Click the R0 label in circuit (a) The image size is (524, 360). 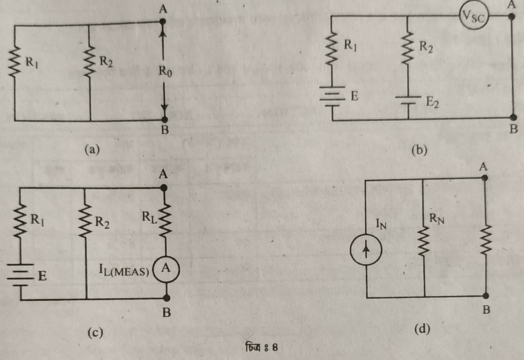165,71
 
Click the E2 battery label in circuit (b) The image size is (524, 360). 432,102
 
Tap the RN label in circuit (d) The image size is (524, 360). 437,219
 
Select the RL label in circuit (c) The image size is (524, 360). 149,217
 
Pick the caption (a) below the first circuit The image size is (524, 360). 92,150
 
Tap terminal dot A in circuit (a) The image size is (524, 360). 163,22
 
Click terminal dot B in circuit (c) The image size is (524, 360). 167,298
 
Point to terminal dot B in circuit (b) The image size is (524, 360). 513,117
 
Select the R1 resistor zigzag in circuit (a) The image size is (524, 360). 14,62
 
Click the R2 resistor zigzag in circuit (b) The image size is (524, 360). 407,48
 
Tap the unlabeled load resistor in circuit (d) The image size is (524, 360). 486,240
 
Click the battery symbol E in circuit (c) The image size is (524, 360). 20,275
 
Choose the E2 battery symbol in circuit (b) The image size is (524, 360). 408,100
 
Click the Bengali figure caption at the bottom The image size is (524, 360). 262,347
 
